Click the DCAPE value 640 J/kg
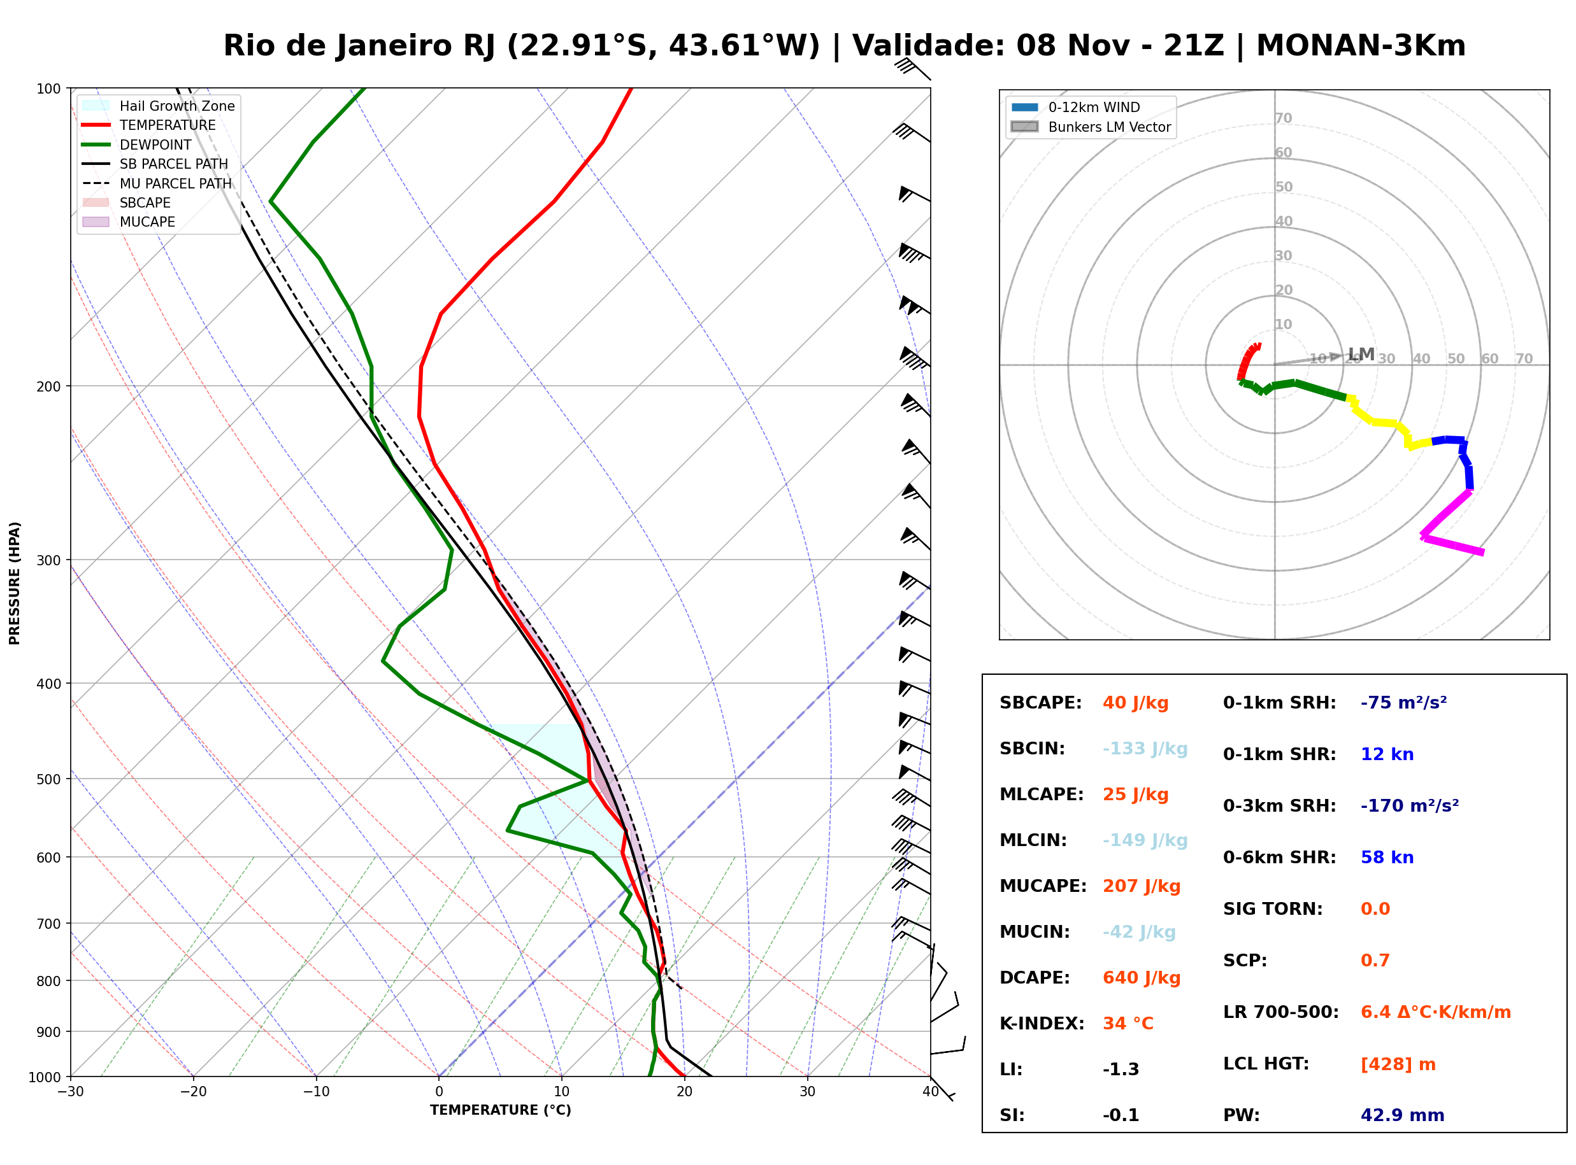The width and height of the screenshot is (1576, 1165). (1142, 978)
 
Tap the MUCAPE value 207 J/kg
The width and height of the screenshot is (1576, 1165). (1142, 886)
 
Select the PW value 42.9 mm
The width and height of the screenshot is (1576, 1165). (1403, 1115)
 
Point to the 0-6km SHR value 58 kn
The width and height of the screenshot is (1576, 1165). (1387, 858)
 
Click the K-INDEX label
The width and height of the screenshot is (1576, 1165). (1042, 1024)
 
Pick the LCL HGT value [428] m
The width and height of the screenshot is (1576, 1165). (1398, 1064)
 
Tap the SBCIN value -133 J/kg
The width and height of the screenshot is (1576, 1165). (1145, 749)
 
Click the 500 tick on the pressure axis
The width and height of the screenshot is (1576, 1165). (48, 779)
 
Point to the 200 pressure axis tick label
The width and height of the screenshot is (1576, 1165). (48, 386)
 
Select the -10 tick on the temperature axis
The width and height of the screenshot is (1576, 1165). (316, 1092)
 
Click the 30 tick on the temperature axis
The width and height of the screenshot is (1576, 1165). (808, 1092)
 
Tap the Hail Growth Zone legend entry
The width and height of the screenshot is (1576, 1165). (159, 106)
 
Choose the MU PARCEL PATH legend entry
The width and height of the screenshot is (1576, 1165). (157, 183)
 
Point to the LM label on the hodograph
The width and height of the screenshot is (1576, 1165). (1361, 354)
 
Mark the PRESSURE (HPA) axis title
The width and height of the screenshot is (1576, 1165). (15, 583)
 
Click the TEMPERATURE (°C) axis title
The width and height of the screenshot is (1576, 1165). (501, 1110)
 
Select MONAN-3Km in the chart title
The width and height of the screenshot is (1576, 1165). (1361, 46)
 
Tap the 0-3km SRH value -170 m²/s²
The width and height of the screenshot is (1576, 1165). (1410, 806)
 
